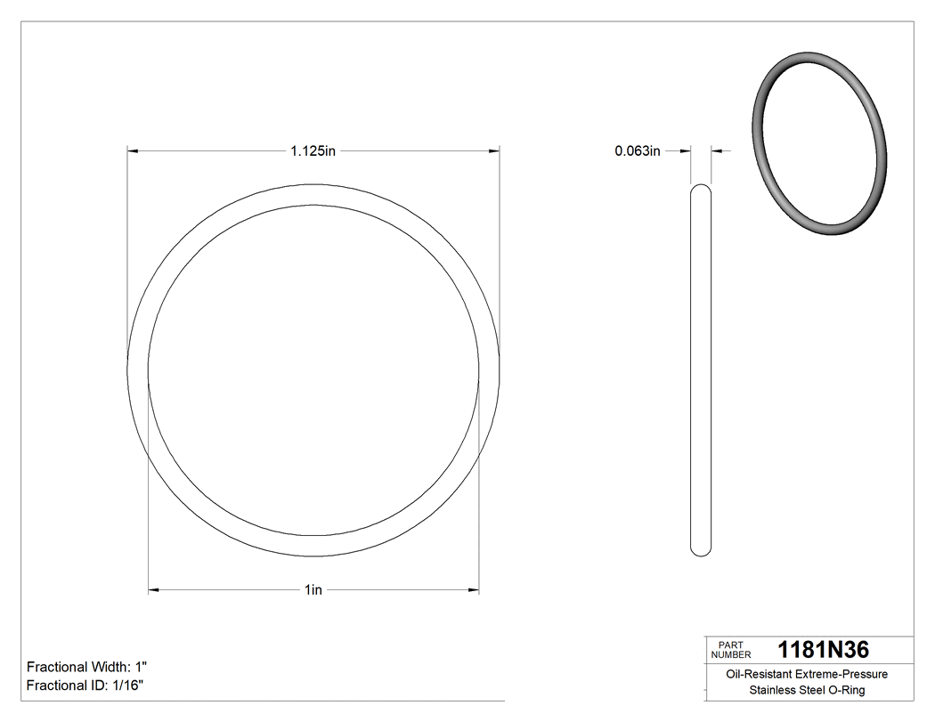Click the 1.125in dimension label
tap(313, 151)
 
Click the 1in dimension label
tap(313, 590)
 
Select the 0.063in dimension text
tap(638, 151)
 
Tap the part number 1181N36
tap(823, 650)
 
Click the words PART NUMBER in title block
tap(731, 650)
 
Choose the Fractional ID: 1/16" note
tap(85, 685)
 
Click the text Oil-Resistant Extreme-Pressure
tap(806, 674)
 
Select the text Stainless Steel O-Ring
tap(806, 690)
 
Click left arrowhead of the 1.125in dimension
tap(134, 151)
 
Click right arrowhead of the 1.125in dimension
tap(493, 151)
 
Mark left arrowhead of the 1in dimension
tap(153, 590)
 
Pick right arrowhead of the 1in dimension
tap(474, 590)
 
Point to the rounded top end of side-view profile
tap(702, 189)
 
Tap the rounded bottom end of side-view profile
tap(702, 551)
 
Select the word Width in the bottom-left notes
tap(109, 667)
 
